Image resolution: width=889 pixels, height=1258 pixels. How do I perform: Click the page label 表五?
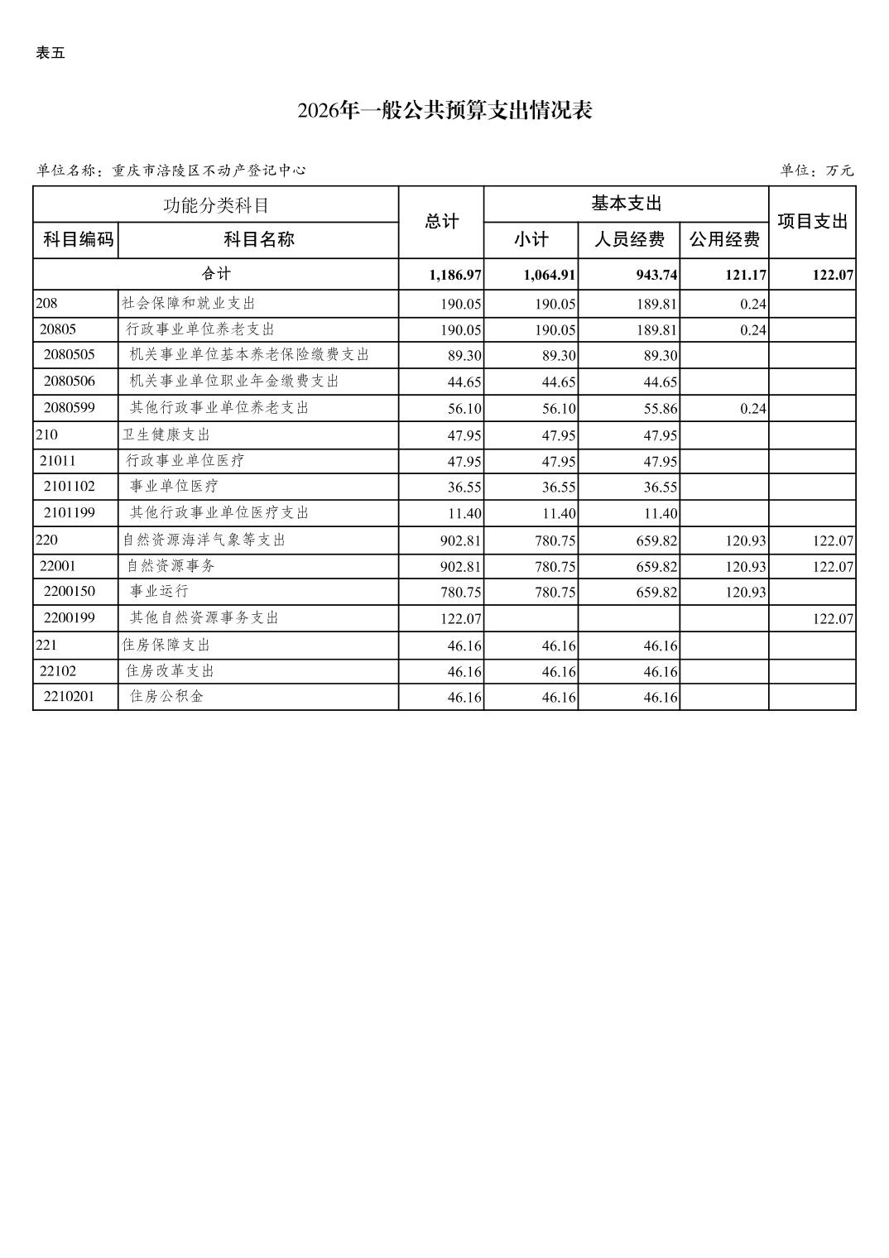pyautogui.click(x=50, y=54)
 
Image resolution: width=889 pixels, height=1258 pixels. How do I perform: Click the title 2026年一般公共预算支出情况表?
pyautogui.click(x=444, y=111)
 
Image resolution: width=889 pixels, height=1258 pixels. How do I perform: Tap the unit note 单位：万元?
pyautogui.click(x=816, y=170)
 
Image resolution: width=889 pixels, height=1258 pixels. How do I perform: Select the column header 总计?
pyautogui.click(x=441, y=222)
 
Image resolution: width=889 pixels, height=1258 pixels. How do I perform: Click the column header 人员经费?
pyautogui.click(x=629, y=240)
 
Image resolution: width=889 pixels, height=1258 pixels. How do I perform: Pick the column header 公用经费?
pyautogui.click(x=724, y=240)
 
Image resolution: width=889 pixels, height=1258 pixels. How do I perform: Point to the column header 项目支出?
pyautogui.click(x=812, y=222)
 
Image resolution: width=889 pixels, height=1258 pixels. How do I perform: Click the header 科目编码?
pyautogui.click(x=76, y=240)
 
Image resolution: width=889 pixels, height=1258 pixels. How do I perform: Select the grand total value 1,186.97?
pyautogui.click(x=455, y=275)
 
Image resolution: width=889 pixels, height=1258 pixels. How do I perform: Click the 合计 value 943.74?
pyautogui.click(x=656, y=275)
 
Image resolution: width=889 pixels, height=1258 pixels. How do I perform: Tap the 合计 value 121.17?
pyautogui.click(x=745, y=275)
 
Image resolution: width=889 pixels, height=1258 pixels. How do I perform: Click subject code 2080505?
pyautogui.click(x=70, y=355)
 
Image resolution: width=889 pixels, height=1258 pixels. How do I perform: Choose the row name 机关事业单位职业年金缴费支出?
pyautogui.click(x=234, y=382)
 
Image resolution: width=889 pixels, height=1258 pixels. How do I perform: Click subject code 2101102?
pyautogui.click(x=70, y=487)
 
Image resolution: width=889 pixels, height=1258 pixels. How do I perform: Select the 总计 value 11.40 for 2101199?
pyautogui.click(x=464, y=514)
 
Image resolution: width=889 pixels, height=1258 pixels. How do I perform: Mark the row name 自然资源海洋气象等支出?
pyautogui.click(x=204, y=540)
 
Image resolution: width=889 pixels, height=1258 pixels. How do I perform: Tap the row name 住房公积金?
pyautogui.click(x=166, y=697)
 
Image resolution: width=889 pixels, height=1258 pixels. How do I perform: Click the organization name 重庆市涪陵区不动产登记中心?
pyautogui.click(x=209, y=170)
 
